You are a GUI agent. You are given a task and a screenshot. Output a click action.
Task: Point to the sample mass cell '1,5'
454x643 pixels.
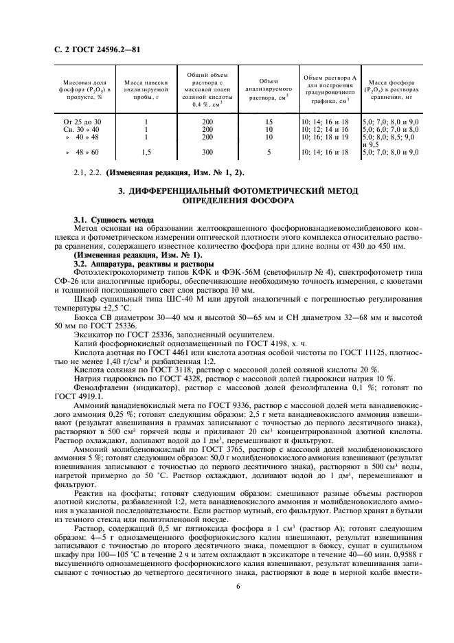pyautogui.click(x=145, y=151)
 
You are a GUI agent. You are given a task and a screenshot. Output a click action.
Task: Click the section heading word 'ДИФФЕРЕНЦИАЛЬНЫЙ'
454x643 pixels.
pyautogui.click(x=183, y=190)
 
